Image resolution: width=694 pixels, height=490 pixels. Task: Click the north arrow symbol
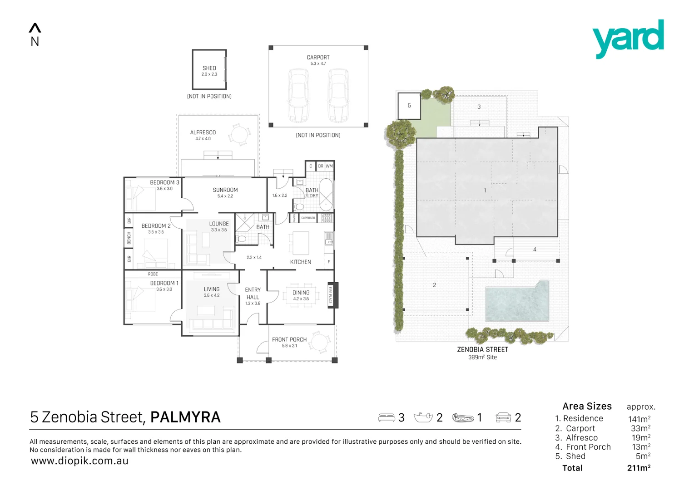tap(35, 29)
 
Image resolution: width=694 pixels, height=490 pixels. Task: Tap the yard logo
tap(628, 38)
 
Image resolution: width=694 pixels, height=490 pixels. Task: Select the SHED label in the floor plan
tap(209, 69)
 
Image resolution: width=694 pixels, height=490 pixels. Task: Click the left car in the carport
tap(298, 96)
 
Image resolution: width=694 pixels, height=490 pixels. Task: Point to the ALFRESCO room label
tap(203, 132)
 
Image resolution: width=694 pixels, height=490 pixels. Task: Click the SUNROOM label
tap(225, 190)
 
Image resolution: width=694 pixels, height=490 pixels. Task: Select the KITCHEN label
tap(300, 262)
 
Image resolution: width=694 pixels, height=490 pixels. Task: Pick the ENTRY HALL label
tap(253, 294)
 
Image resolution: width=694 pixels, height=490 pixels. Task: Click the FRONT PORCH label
tap(289, 340)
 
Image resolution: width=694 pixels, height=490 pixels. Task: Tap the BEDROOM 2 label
tap(156, 226)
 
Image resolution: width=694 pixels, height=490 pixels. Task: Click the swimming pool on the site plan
tap(516, 302)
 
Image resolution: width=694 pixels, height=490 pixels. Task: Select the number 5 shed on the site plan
tap(409, 106)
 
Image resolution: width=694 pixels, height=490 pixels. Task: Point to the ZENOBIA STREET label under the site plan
tap(482, 350)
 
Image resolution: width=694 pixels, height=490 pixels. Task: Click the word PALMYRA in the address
tap(185, 417)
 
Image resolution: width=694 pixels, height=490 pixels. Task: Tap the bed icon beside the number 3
tap(386, 417)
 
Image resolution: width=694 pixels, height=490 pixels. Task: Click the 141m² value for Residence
tap(639, 419)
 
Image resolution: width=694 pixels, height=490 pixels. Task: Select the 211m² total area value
tap(639, 468)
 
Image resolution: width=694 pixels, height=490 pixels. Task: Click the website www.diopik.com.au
tap(79, 461)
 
